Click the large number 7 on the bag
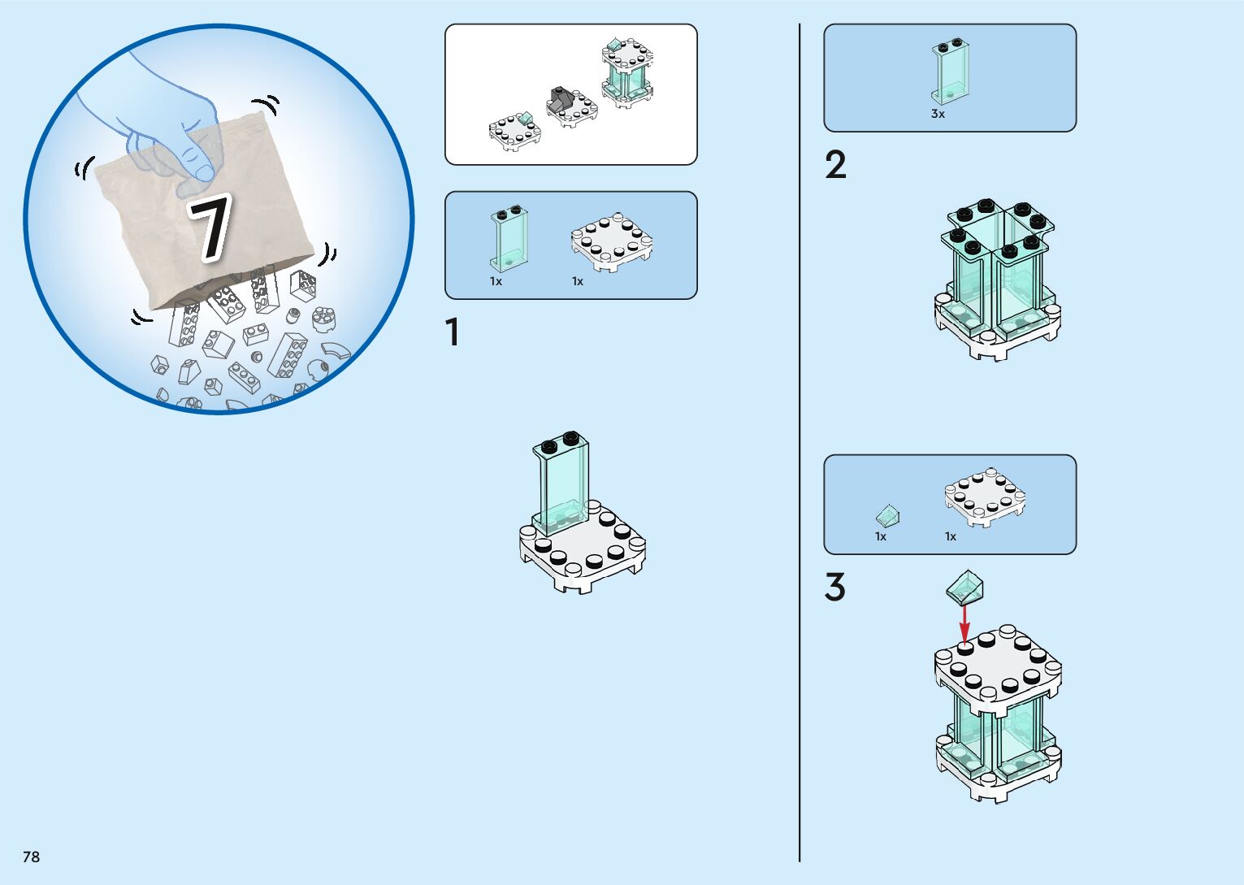tap(210, 227)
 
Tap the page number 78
tap(31, 857)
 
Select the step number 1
tap(453, 332)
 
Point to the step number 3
tap(835, 587)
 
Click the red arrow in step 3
tap(964, 625)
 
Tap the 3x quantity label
tap(938, 114)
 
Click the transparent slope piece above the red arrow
tap(964, 587)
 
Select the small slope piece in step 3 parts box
tap(887, 516)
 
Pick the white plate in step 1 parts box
tap(612, 242)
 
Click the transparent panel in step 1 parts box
tap(509, 239)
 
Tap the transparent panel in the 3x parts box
tap(950, 72)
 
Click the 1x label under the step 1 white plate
tap(578, 282)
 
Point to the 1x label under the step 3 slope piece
tap(881, 536)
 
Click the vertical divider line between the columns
tap(800, 443)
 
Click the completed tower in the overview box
tap(627, 73)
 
